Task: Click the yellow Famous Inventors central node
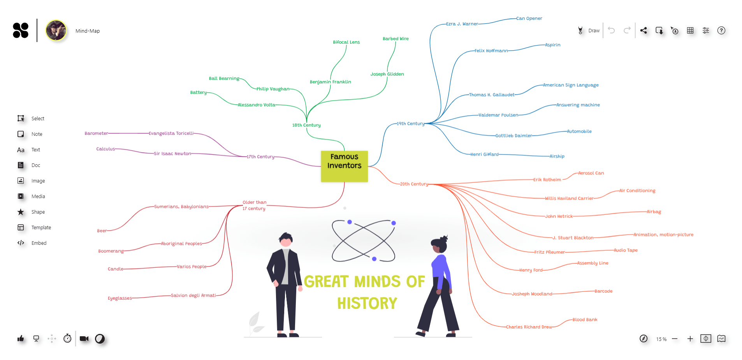344,166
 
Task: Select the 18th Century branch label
306,125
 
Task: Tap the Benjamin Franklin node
330,82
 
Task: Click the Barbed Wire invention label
396,39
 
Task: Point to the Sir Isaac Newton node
172,154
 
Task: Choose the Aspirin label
552,45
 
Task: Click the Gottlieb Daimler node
513,136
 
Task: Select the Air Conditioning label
637,191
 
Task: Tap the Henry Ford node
531,270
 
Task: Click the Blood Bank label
585,320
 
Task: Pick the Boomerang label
111,251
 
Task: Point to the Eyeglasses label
120,299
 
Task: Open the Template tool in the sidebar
41,228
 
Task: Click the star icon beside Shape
21,212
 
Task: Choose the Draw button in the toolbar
589,31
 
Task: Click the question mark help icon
721,31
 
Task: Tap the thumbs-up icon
21,339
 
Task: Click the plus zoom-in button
690,339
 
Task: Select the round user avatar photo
56,31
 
